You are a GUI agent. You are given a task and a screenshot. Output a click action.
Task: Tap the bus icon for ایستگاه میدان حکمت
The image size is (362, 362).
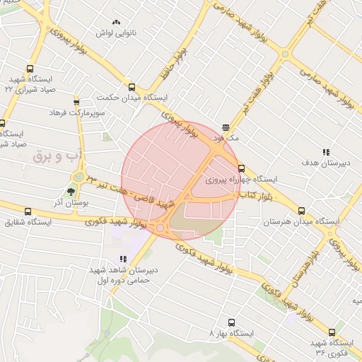(x=131, y=87)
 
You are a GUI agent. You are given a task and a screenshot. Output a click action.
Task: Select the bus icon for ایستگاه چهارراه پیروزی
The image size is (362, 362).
(x=242, y=168)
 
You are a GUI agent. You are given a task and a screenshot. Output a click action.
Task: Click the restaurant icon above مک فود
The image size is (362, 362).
(x=226, y=127)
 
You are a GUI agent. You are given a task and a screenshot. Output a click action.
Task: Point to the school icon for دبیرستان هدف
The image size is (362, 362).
(x=326, y=152)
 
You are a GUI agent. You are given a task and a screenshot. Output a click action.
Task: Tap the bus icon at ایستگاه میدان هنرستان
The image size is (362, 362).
(x=302, y=210)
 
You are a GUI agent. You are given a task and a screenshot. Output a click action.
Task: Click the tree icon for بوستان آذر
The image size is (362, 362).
(x=70, y=192)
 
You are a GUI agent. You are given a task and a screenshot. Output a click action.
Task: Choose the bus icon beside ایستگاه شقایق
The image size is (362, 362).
(x=28, y=211)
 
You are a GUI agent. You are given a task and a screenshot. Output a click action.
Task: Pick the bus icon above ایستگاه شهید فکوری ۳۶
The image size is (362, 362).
(x=332, y=332)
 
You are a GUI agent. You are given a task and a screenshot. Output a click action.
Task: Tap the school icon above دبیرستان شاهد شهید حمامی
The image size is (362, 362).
(x=123, y=259)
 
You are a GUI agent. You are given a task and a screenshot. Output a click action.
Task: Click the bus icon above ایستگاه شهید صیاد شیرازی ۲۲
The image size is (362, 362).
(x=29, y=69)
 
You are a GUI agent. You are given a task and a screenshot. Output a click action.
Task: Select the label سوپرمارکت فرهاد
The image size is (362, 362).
(x=77, y=113)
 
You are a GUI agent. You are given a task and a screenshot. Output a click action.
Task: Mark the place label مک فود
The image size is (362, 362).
(x=229, y=138)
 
